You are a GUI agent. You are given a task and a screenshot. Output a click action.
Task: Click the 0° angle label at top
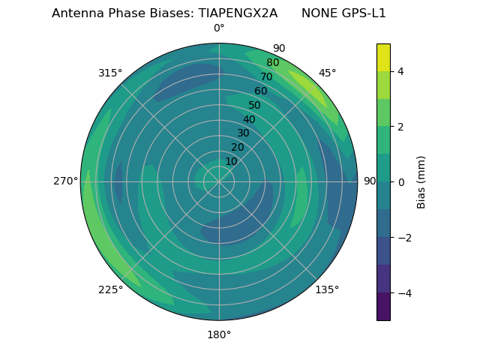point(219,28)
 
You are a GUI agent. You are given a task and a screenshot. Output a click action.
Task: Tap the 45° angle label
point(327,73)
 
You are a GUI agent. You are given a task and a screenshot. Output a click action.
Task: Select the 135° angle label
point(327,289)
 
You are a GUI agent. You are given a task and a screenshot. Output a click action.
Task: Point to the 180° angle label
point(219,334)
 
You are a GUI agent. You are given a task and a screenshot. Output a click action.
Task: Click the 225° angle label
point(110,289)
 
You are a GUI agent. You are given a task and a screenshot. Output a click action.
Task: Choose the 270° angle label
point(66,181)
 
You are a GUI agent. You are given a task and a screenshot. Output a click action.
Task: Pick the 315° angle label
point(110,73)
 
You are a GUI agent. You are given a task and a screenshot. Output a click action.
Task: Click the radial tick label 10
point(231,161)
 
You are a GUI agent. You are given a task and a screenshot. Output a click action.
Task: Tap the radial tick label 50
point(254,105)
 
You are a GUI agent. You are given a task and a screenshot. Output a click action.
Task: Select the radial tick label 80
point(272,62)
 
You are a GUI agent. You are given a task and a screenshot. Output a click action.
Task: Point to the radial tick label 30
point(243,133)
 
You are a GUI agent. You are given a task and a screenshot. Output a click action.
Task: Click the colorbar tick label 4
point(401,71)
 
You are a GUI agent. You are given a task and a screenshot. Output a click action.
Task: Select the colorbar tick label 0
point(401,181)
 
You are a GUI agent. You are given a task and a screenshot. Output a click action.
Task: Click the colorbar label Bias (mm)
point(421,181)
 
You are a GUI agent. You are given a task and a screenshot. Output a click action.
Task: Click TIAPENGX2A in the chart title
point(238,13)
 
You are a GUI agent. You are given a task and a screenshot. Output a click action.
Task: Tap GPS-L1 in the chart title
point(362,13)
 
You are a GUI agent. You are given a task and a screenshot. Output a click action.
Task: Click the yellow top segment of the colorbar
point(383,57)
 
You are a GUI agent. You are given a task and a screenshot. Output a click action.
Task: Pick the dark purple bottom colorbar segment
point(383,306)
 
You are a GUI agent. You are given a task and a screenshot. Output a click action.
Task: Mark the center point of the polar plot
point(219,181)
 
